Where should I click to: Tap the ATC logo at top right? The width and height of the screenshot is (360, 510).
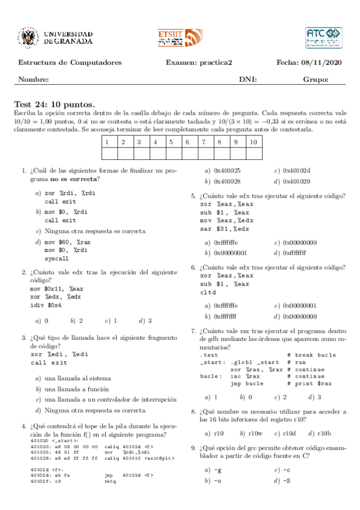[x=323, y=37]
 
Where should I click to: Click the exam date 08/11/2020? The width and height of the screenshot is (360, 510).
[x=324, y=63]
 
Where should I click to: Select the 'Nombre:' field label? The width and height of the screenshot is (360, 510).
[x=34, y=79]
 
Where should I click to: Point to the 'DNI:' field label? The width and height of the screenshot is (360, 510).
[x=248, y=79]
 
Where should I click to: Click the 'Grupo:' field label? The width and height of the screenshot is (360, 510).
[x=316, y=79]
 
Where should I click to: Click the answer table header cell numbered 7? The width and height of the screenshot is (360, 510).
[x=204, y=143]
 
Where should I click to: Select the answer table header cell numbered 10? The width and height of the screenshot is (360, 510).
[x=254, y=143]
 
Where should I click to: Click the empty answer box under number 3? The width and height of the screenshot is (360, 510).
[x=138, y=153]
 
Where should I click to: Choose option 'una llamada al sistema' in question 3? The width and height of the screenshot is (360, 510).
[x=78, y=378]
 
